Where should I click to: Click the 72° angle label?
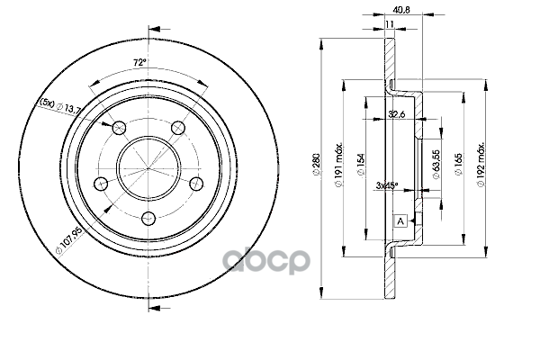(x=140, y=62)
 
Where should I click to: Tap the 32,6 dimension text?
(x=393, y=115)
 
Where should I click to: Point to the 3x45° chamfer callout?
(x=387, y=185)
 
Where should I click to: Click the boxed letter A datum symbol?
(x=400, y=220)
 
